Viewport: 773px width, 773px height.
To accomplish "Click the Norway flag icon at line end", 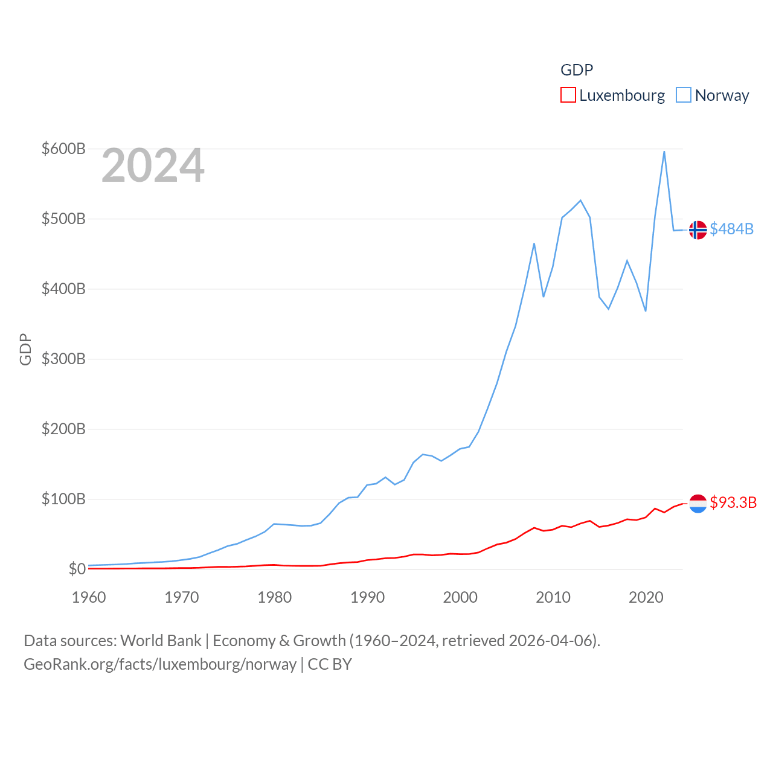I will (x=698, y=230).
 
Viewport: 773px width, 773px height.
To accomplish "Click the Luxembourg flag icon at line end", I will (x=698, y=503).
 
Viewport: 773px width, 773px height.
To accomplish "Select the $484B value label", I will (x=731, y=229).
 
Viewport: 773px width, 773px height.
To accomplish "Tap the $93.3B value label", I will (x=733, y=502).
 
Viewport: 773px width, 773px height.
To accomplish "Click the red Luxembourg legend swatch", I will (x=568, y=95).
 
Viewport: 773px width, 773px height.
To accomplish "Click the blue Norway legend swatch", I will (x=683, y=95).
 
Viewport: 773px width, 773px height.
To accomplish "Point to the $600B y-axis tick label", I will (x=63, y=149).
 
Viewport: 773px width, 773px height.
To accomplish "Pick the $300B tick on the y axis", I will (x=63, y=359).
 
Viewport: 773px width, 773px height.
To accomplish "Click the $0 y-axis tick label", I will (x=77, y=569).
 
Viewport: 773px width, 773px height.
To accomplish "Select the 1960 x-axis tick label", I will (x=89, y=597).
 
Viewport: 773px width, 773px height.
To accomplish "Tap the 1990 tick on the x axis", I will (x=367, y=597).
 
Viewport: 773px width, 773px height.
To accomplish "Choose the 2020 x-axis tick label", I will (x=646, y=597).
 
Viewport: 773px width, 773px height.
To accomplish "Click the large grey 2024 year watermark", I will (x=153, y=165).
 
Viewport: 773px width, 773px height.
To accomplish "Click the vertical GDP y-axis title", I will (x=25, y=349).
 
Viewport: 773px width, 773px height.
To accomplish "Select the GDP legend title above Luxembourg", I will (x=577, y=70).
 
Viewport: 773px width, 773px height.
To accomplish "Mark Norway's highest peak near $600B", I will (x=664, y=152).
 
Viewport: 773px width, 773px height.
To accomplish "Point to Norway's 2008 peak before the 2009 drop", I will (x=534, y=244).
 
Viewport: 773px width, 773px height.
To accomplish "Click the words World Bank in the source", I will (x=161, y=640).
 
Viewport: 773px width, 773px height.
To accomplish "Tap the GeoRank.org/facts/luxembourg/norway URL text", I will (x=160, y=664).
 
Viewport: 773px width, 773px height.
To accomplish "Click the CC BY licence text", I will (x=330, y=664).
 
